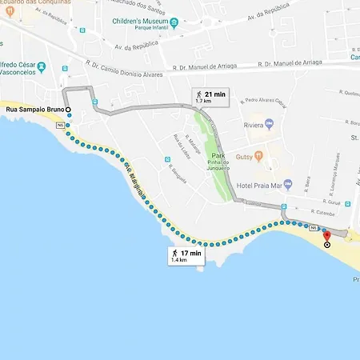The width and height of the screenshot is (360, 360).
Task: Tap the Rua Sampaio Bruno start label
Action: [x=33, y=109]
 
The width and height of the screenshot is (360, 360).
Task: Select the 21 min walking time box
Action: [x=210, y=98]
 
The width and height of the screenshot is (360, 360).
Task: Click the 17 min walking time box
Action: [x=186, y=256]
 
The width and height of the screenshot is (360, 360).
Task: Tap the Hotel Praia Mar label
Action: [x=260, y=185]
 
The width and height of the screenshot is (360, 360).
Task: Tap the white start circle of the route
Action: [x=69, y=109]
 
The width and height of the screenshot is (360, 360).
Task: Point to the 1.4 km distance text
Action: [x=178, y=261]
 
